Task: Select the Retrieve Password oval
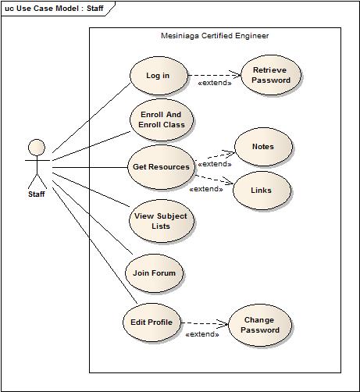tap(271, 75)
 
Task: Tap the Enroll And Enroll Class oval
tap(161, 119)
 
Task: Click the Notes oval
tap(263, 147)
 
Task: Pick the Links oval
tap(262, 189)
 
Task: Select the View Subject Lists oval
tap(161, 221)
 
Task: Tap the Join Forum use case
tap(154, 273)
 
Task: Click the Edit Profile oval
tap(153, 322)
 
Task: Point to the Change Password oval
tap(260, 325)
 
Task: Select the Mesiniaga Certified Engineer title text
tap(213, 36)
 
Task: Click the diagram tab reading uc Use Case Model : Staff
tap(55, 8)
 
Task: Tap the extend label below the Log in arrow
tap(216, 82)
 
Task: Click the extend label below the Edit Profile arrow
tap(201, 334)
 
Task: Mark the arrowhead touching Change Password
tap(225, 323)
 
